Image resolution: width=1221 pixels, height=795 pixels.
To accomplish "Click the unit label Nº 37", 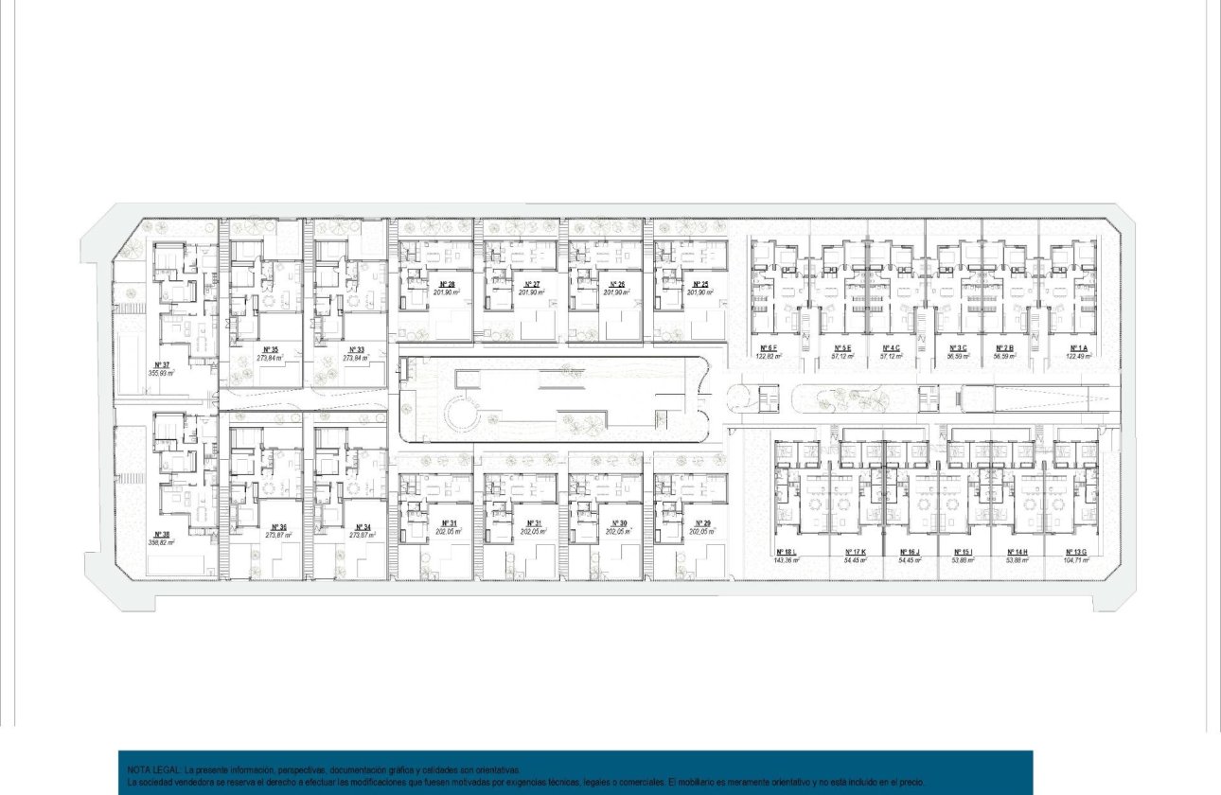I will click(161, 364).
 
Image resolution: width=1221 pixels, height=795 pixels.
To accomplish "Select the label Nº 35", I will click(269, 349).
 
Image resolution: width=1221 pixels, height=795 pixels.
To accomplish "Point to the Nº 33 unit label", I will click(354, 349).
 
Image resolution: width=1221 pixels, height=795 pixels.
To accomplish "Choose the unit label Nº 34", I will click(363, 527).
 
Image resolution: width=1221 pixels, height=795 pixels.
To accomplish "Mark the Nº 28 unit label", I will click(448, 284).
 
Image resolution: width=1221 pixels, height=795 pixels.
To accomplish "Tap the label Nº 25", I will click(700, 284).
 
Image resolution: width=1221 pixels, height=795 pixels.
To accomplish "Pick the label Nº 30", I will click(618, 523).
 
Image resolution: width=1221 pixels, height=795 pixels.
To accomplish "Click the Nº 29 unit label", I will click(701, 523).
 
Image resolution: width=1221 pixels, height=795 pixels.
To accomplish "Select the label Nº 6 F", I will click(766, 348).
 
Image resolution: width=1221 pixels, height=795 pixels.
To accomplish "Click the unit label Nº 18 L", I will click(786, 552).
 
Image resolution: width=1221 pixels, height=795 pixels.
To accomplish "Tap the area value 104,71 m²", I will click(1076, 560).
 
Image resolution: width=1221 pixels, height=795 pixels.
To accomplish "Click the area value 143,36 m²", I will click(786, 560).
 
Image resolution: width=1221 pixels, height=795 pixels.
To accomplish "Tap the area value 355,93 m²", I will click(161, 373).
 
